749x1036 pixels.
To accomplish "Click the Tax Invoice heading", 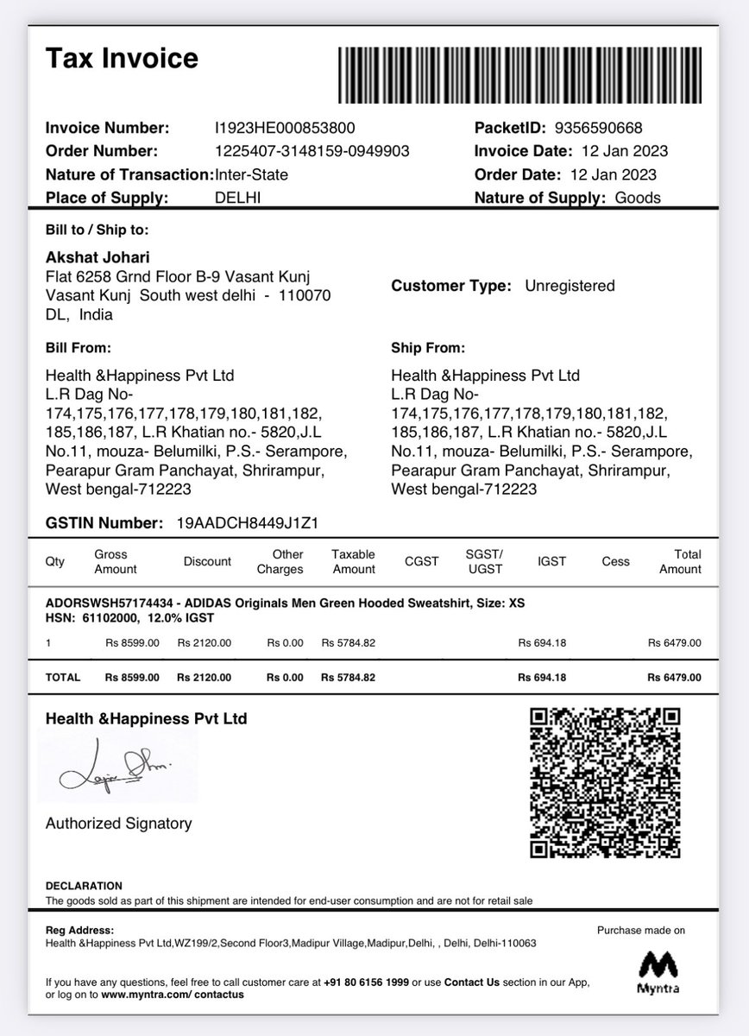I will tap(122, 58).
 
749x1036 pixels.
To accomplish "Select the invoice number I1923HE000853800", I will tap(285, 128).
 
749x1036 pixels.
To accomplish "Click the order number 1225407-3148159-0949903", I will tap(312, 151).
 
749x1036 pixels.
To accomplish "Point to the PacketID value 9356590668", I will tap(598, 128).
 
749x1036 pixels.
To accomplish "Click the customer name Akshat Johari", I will tap(97, 257).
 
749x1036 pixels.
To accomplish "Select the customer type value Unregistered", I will tap(570, 286).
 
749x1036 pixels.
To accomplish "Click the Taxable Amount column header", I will tap(353, 562).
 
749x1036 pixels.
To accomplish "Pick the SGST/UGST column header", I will tap(484, 562).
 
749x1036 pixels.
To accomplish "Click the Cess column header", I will tap(615, 562).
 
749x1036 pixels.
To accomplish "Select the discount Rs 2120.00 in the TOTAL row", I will tap(205, 678).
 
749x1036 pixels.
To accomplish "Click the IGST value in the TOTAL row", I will tap(542, 678).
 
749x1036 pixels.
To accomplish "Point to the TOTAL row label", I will tap(62, 678).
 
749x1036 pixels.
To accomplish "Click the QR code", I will tap(605, 783).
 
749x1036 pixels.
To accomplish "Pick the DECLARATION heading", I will tap(84, 886).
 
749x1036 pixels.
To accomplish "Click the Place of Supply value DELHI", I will tap(237, 198).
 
